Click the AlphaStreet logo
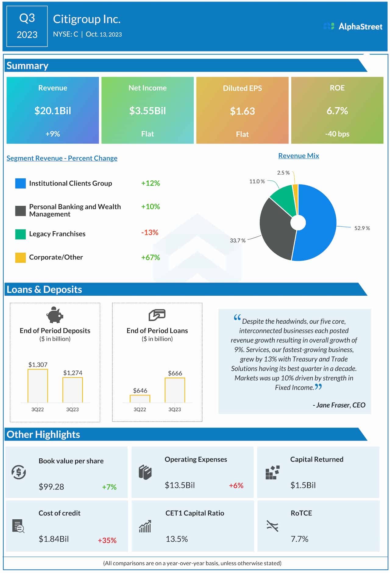[353, 27]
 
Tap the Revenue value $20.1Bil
[53, 111]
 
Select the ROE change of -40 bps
[337, 134]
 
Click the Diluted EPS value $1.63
[242, 111]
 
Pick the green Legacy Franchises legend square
[20, 234]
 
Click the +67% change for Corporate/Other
[150, 257]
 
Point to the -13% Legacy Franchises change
[150, 233]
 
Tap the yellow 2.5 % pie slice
[295, 195]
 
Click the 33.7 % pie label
[238, 240]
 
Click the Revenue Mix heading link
[298, 156]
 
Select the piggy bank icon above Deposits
[55, 315]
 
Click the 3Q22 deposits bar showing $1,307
[38, 386]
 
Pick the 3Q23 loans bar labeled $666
[175, 390]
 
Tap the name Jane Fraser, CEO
[339, 405]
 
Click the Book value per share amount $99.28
[51, 487]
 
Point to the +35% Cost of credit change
[107, 540]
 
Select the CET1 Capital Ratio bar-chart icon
[145, 526]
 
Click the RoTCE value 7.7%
[300, 539]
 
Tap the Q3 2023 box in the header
[27, 26]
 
